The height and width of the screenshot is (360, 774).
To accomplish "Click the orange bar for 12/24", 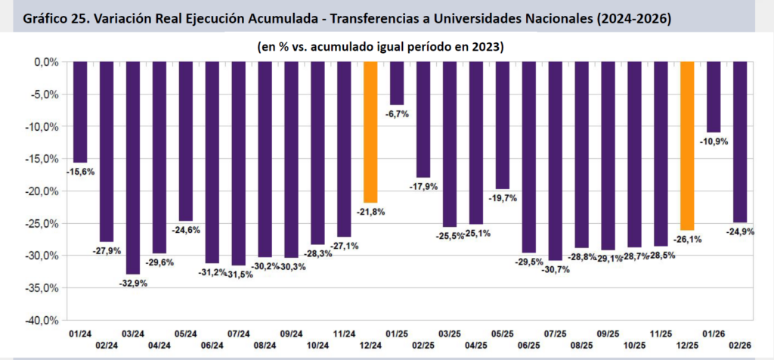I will tap(370, 132).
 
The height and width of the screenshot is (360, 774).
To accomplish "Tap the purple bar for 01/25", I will tap(397, 83).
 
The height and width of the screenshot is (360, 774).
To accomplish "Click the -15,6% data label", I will tap(79, 172).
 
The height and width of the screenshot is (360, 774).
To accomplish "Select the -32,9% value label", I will tap(132, 284).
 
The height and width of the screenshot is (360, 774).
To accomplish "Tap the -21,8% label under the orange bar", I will tap(370, 213).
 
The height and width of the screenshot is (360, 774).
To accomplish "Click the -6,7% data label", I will tap(397, 114).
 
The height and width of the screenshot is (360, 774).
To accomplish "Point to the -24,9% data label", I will tap(741, 231).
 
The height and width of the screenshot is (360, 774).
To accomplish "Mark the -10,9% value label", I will tap(714, 141).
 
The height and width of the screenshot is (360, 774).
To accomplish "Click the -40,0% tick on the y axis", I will tap(44, 321).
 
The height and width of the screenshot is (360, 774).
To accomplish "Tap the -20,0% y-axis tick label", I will tap(44, 191).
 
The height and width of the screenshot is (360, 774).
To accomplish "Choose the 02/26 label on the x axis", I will tap(741, 344).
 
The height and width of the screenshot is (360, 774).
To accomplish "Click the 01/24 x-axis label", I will tap(79, 333).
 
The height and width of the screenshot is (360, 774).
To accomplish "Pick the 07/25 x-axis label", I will tap(556, 333).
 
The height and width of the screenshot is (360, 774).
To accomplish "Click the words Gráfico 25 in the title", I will tap(49, 17).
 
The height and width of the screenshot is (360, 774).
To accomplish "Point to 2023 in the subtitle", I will tap(489, 46).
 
